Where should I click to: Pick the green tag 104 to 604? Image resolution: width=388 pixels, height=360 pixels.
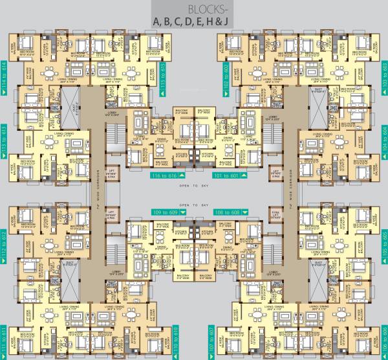point(384,139)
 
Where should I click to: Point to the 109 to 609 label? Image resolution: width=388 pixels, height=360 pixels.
point(167,212)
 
